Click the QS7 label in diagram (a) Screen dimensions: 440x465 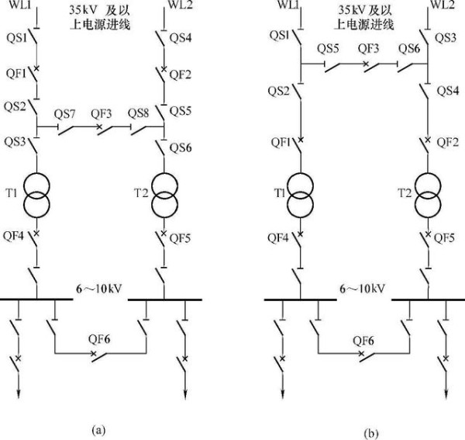[64, 114]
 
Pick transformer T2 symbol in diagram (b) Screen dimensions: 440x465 [429, 193]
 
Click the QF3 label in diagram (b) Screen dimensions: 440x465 [367, 48]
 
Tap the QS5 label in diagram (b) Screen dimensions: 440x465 [329, 48]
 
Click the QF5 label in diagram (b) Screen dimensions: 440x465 [444, 238]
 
